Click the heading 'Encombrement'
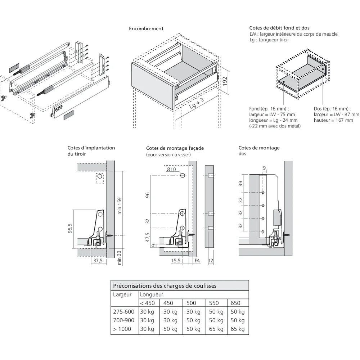click(146, 28)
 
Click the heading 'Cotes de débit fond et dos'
click(279, 28)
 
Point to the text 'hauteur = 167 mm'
click(333, 120)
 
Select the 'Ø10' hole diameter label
click(172, 169)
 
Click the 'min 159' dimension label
click(120, 206)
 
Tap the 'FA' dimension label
click(197, 260)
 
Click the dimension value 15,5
click(176, 260)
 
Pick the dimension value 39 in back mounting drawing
click(241, 184)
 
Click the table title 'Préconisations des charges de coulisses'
click(165, 286)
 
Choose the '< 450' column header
click(148, 303)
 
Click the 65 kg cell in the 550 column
click(216, 329)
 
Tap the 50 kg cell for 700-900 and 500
click(193, 320)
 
